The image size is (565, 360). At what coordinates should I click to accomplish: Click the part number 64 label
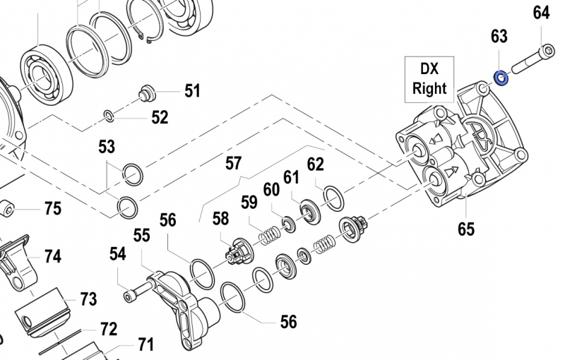(x=541, y=13)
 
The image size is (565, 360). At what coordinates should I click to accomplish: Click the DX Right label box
(x=429, y=78)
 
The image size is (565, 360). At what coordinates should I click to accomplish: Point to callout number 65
(x=465, y=229)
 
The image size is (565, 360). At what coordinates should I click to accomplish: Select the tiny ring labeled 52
(x=108, y=114)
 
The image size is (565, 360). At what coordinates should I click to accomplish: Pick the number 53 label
(x=107, y=147)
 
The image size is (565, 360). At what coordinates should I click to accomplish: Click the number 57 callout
(x=233, y=164)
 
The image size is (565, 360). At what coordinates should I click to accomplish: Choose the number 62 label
(x=315, y=164)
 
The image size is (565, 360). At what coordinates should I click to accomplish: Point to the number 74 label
(x=53, y=256)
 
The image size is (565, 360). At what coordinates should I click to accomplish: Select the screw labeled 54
(x=140, y=288)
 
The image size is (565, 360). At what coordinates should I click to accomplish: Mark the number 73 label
(x=88, y=299)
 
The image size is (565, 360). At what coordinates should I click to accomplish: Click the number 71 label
(x=145, y=344)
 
